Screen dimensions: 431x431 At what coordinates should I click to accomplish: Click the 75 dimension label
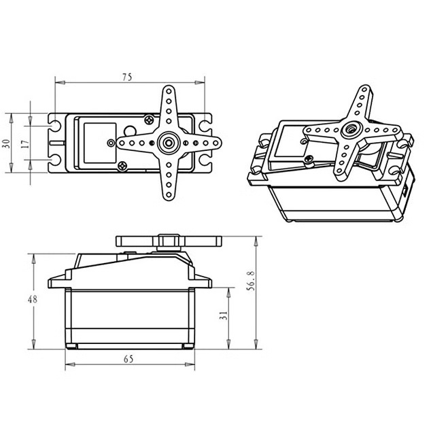[x=127, y=77]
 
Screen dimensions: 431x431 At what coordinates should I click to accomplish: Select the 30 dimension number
[x=6, y=143]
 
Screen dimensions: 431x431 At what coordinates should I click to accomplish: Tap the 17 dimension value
[x=25, y=143]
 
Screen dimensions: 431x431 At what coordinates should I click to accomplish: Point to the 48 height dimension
[x=33, y=299]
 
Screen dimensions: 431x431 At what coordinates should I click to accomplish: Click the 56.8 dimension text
[x=252, y=281]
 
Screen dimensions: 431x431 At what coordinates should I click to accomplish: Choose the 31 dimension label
[x=224, y=315]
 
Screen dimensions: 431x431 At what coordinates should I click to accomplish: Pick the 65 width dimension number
[x=128, y=359]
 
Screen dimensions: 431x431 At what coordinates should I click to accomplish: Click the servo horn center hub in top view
[x=169, y=143]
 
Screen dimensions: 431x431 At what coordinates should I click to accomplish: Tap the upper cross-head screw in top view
[x=149, y=120]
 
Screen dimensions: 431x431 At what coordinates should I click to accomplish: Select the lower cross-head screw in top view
[x=122, y=166]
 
